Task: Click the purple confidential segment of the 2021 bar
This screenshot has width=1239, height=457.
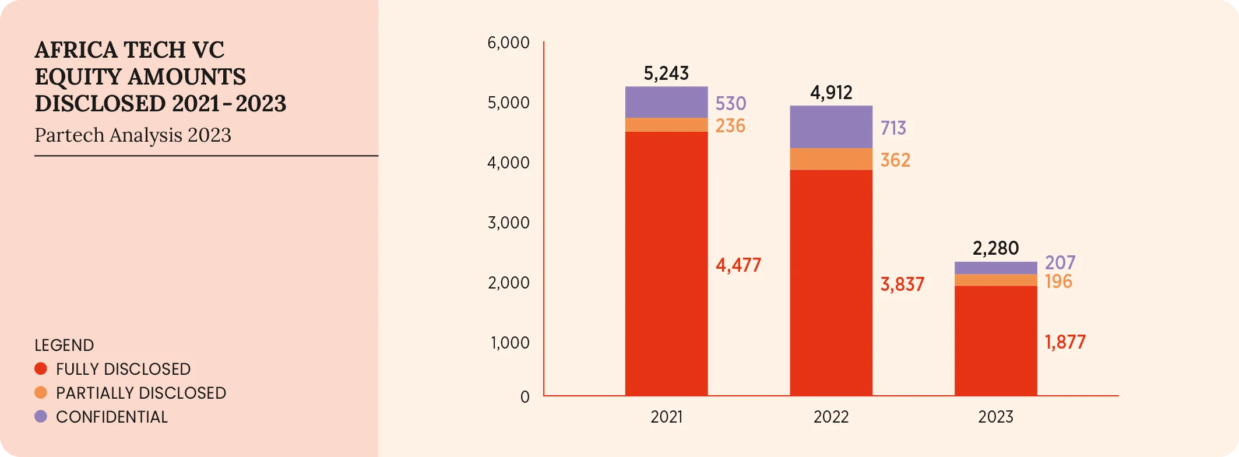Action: coord(666,102)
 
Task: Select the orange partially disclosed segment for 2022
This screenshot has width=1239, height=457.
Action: coord(831,159)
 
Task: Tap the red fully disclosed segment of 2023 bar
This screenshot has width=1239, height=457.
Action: coord(995,340)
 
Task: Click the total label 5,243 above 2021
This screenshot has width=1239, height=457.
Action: coord(666,73)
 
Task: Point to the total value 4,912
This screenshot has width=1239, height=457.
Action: coord(831,93)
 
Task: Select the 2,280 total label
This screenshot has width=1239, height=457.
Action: coord(995,248)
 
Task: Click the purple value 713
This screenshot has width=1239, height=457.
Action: coord(893,128)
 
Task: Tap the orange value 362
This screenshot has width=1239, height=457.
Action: coord(895,160)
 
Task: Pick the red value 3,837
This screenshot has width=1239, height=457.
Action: coord(902,284)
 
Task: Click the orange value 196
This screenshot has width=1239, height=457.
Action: coord(1058,282)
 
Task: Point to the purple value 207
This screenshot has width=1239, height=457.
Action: coord(1060,262)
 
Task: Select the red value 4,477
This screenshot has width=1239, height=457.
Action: coord(738,265)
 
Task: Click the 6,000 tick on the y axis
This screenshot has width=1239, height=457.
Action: coord(508,43)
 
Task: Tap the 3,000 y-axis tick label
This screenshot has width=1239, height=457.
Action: coord(508,223)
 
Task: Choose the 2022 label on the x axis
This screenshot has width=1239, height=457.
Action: coord(831,417)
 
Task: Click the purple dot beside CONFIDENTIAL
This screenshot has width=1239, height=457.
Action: coord(41,416)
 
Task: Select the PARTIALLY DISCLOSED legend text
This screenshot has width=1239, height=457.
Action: coord(140,393)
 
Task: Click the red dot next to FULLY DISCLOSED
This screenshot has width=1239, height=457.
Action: coord(41,368)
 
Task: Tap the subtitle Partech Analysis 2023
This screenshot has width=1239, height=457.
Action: coord(133,135)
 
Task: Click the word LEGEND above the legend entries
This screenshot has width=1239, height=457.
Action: coord(64,345)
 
